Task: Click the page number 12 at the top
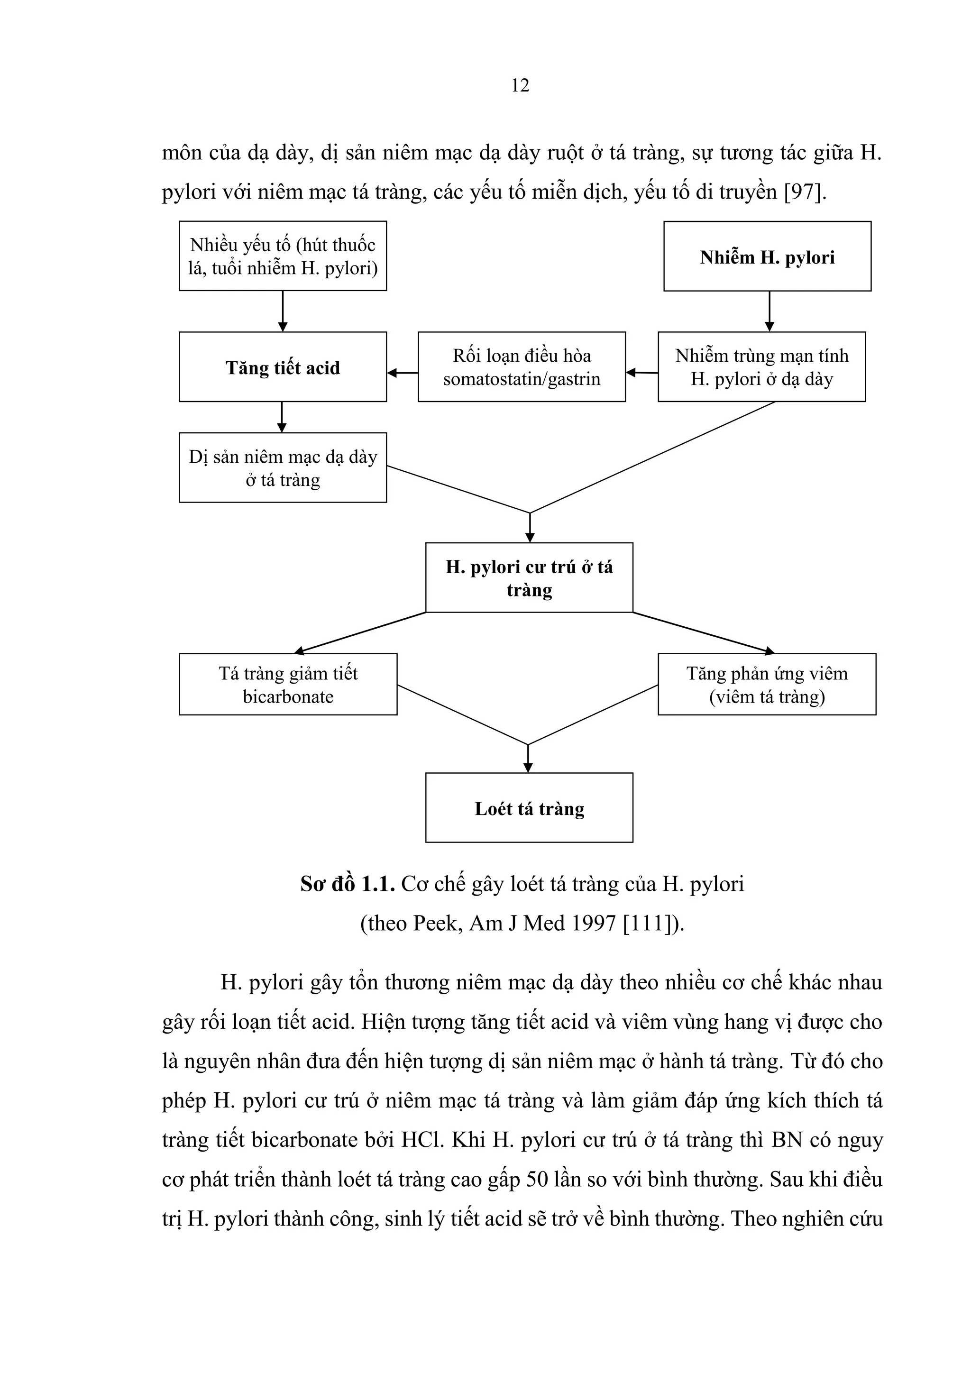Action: [x=520, y=85]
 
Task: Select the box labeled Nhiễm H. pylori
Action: [x=767, y=256]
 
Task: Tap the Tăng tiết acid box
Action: [x=282, y=366]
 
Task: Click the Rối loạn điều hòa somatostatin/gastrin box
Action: [x=522, y=366]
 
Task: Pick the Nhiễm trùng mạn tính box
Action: [x=761, y=366]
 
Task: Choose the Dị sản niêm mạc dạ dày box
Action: [x=282, y=467]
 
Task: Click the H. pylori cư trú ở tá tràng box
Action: [x=529, y=577]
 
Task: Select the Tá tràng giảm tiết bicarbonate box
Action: [x=288, y=684]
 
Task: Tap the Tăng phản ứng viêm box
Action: [x=767, y=684]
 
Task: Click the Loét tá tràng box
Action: [x=529, y=808]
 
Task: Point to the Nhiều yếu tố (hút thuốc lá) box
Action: [x=282, y=256]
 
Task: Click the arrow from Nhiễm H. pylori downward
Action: [x=769, y=311]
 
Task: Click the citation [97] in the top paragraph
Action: [x=804, y=192]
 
